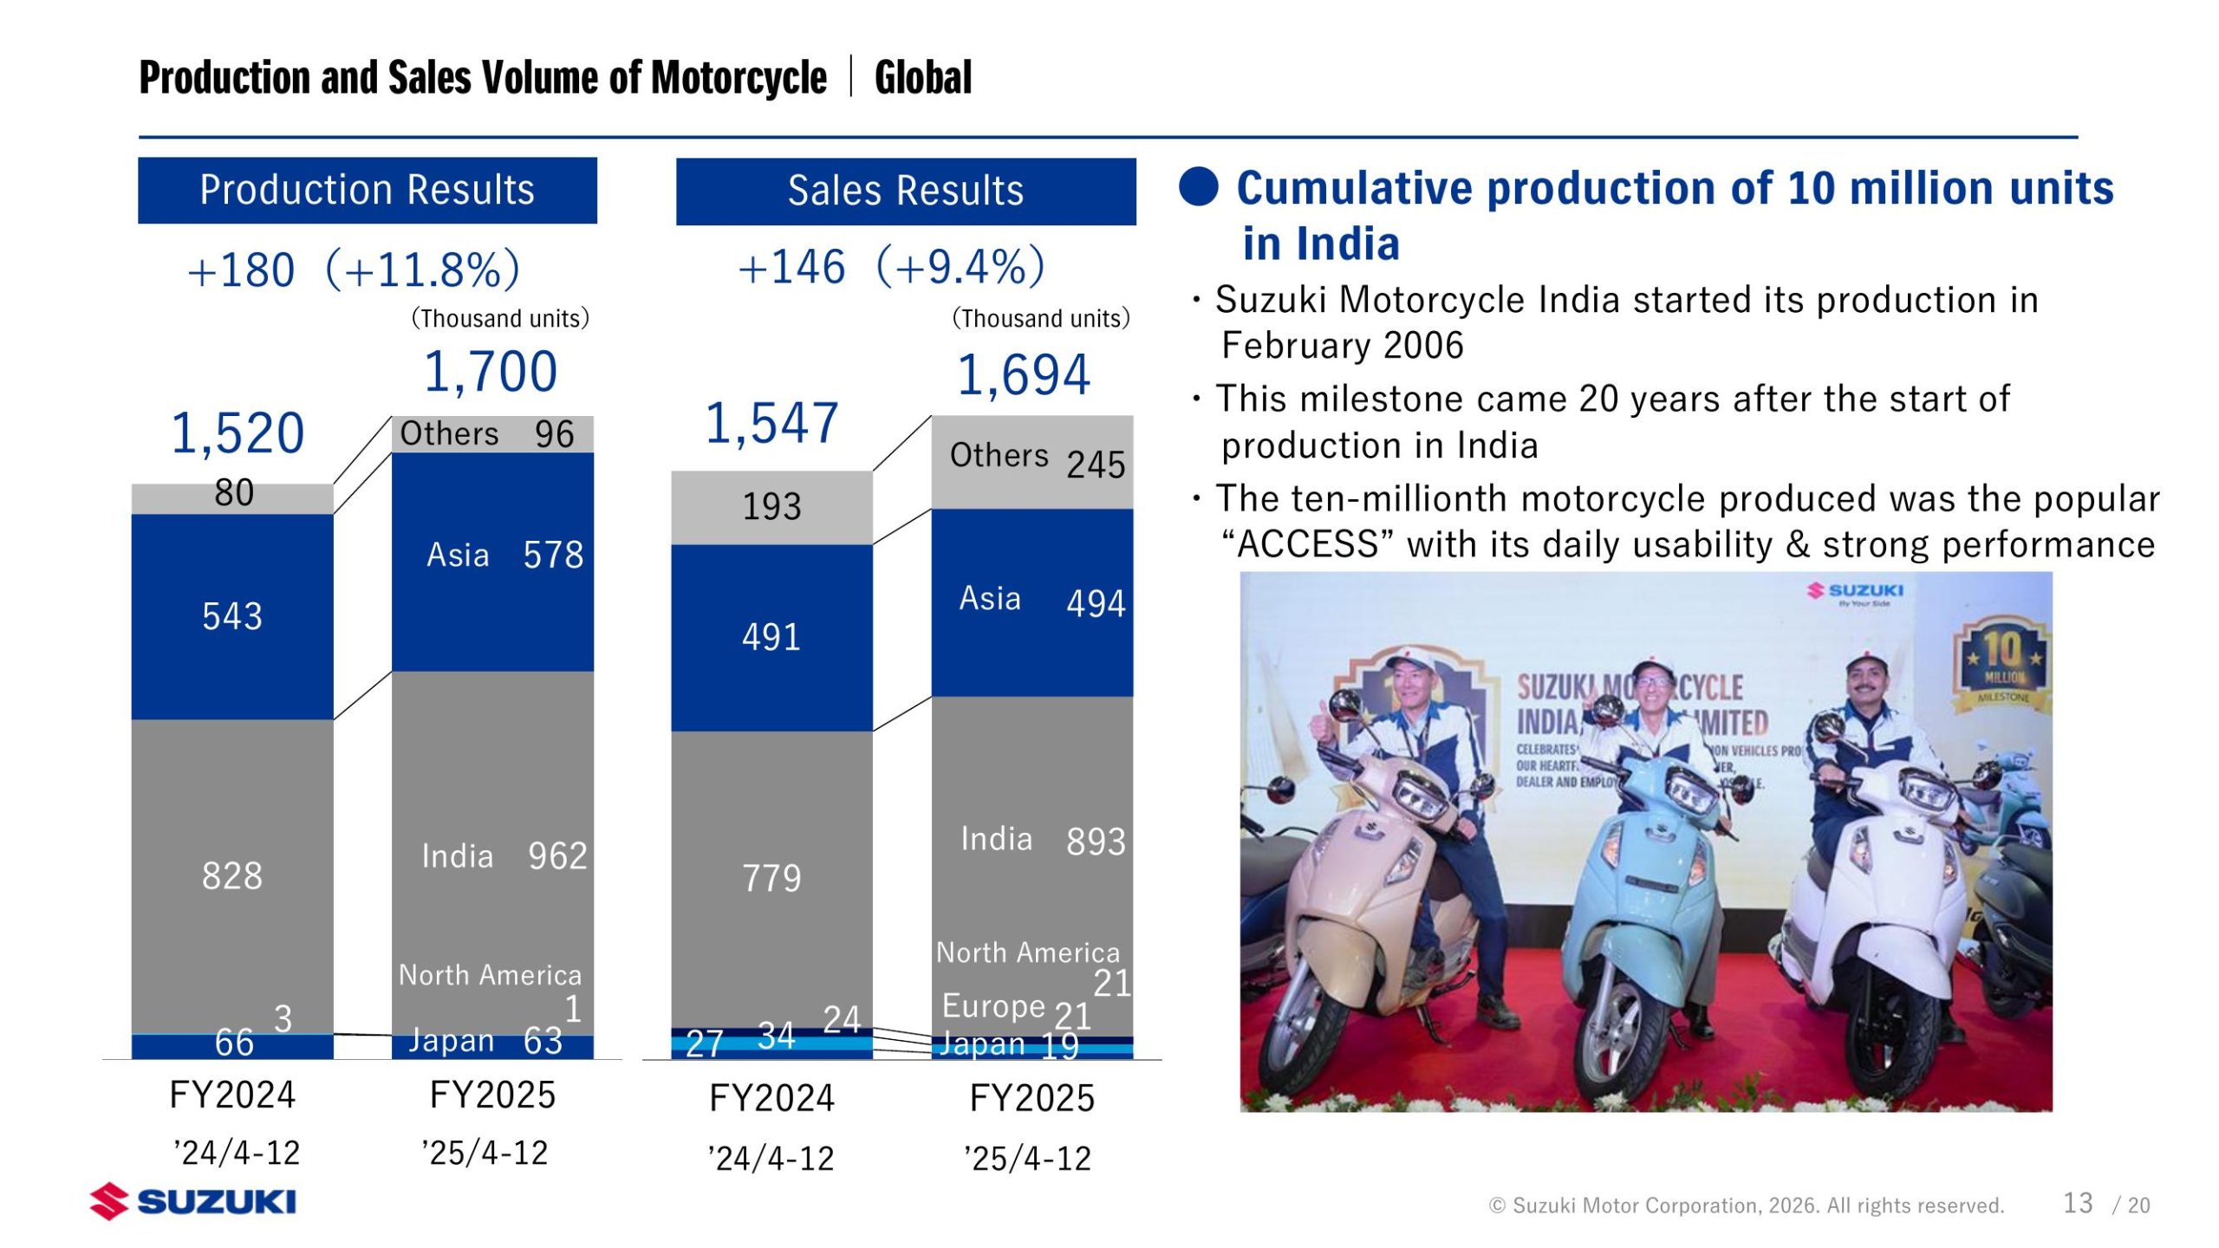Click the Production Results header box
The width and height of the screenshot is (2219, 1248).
367,190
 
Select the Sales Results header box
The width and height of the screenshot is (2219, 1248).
905,191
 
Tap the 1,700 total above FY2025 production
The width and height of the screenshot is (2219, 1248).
490,372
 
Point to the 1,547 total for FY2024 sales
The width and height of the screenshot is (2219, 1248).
771,424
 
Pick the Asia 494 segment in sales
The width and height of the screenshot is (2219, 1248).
1031,602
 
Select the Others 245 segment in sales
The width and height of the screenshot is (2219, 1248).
1031,461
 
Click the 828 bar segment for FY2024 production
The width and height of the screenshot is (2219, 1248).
232,875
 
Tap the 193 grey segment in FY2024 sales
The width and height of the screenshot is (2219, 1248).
771,507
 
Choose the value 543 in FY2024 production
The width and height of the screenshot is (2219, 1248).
232,616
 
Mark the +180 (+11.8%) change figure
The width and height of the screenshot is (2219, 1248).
354,270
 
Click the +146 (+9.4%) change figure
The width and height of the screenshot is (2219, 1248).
891,267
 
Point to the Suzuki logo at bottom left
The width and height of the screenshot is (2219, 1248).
192,1201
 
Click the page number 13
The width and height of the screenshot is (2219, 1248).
2078,1203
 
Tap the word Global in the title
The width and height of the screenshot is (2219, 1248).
923,77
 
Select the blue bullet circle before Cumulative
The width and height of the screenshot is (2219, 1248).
1199,186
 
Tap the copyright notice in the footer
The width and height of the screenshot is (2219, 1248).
1746,1206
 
